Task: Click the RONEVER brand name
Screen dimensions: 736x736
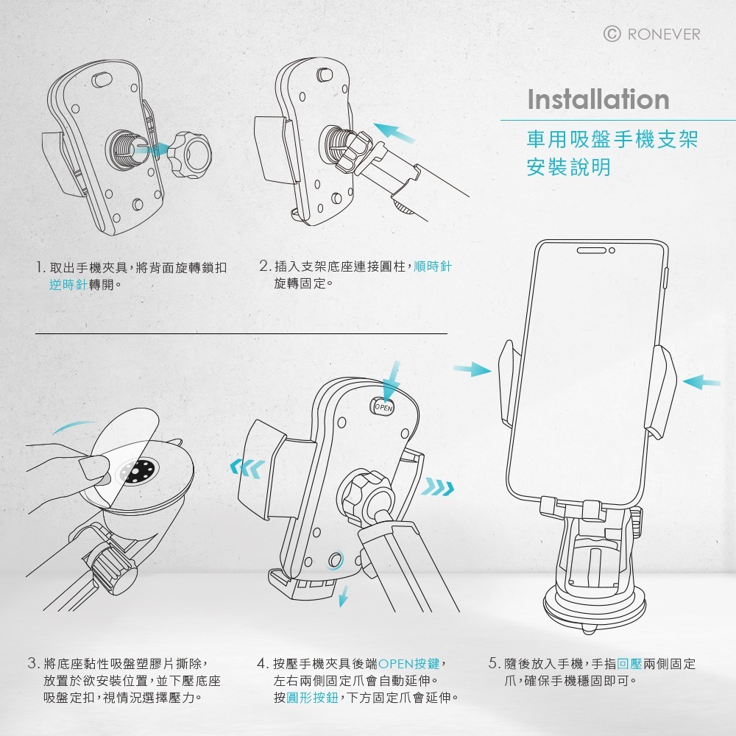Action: (x=663, y=35)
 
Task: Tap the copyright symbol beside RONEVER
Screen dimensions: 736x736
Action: (x=612, y=34)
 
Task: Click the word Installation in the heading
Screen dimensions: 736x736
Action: (x=598, y=99)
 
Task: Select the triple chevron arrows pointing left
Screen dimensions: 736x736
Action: (x=247, y=468)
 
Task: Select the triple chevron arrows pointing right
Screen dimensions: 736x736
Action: (x=437, y=486)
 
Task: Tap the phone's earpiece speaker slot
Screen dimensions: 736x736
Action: (x=592, y=251)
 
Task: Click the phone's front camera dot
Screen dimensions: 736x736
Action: (x=612, y=251)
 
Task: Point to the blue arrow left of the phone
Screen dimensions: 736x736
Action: (x=473, y=369)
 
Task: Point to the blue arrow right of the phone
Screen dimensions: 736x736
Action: (x=701, y=381)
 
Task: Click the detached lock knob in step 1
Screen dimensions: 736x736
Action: (x=190, y=155)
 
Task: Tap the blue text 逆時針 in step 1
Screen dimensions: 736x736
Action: (x=68, y=284)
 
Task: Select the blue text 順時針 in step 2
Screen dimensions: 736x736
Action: (x=433, y=266)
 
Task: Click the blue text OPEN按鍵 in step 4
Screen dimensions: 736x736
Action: (x=408, y=664)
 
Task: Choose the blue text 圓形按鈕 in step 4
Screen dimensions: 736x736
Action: (x=312, y=698)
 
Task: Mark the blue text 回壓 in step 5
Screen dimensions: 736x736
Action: (x=629, y=664)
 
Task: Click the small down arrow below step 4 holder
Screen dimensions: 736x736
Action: (x=344, y=596)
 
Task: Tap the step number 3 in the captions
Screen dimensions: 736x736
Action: (x=33, y=664)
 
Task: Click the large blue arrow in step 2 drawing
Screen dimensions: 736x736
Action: (x=394, y=132)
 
